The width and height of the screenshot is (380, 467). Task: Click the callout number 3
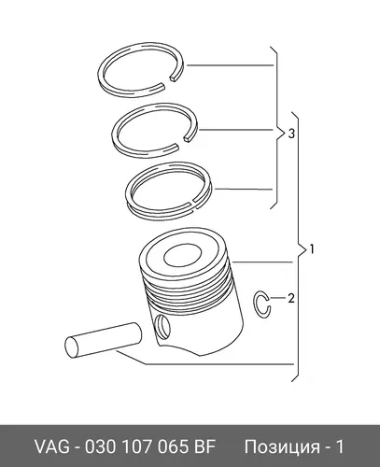tap(291, 134)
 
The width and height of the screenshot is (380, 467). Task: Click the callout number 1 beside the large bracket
tap(312, 249)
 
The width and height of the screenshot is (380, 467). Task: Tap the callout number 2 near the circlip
tap(291, 298)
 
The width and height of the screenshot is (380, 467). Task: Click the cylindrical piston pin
tap(104, 340)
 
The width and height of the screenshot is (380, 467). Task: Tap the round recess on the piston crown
tap(183, 255)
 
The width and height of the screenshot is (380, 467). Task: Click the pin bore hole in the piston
tap(162, 327)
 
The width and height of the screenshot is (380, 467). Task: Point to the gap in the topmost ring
tap(168, 81)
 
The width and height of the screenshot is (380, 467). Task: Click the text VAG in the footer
tap(53, 446)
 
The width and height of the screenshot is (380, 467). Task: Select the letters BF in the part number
tap(205, 446)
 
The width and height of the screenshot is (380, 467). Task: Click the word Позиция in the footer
tap(281, 447)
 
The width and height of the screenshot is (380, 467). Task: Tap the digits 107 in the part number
tap(136, 446)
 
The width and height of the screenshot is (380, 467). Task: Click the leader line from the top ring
tap(230, 65)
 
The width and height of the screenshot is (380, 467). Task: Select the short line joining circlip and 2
tap(277, 298)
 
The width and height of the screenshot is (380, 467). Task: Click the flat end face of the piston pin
tap(72, 347)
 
